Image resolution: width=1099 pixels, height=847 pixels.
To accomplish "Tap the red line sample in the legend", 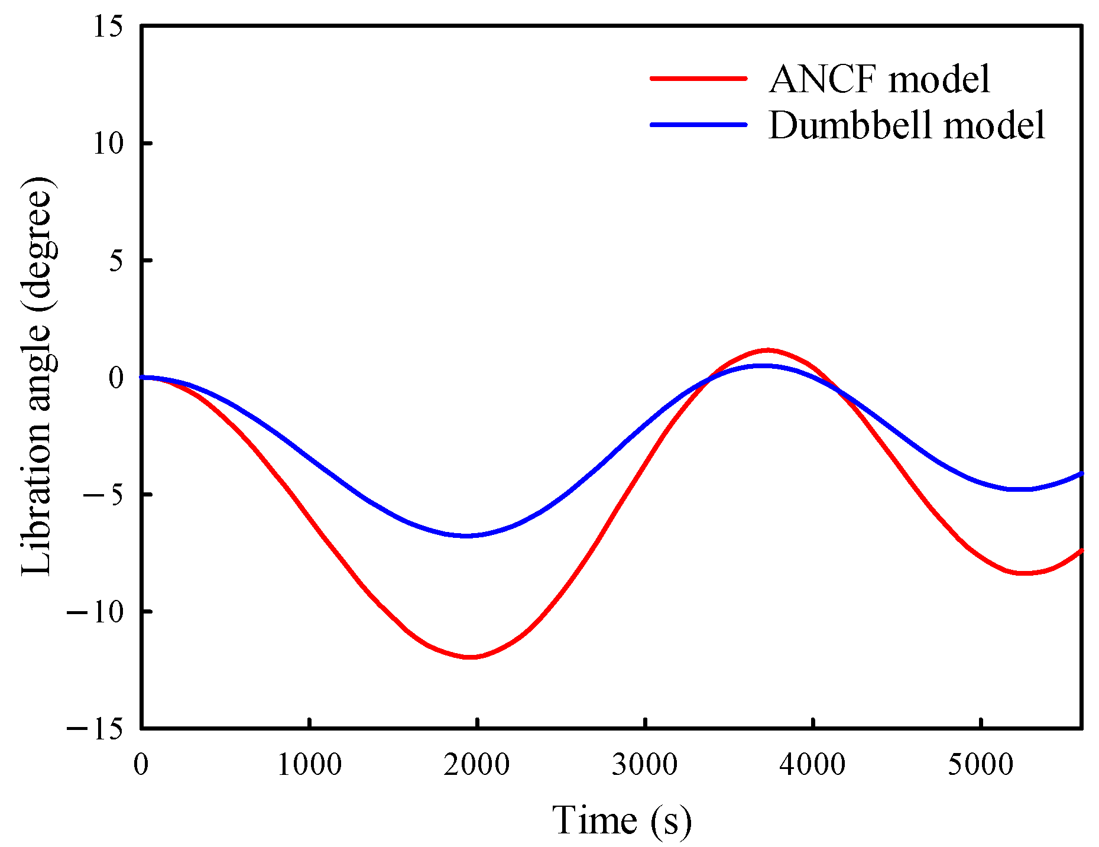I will [x=698, y=78].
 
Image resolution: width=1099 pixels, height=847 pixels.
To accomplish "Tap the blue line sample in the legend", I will [x=698, y=124].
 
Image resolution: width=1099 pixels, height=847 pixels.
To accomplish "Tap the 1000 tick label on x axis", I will [x=309, y=765].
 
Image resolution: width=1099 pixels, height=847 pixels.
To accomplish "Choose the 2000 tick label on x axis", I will [x=476, y=765].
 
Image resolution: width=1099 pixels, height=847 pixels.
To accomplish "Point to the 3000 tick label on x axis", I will [x=644, y=765].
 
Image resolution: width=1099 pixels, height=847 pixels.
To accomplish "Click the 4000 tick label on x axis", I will [x=812, y=765].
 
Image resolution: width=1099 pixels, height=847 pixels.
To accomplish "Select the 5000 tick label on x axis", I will [x=980, y=765].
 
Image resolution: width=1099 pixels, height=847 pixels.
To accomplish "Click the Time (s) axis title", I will [x=622, y=820].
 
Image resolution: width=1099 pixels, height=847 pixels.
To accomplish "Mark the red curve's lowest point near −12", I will [x=470, y=657].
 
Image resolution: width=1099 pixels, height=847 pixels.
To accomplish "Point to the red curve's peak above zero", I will [x=767, y=350].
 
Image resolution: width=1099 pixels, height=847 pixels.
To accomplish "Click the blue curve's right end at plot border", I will [x=1080, y=474].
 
